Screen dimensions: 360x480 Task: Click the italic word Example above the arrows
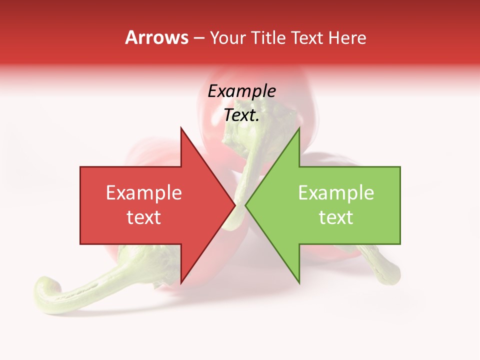coord(241,91)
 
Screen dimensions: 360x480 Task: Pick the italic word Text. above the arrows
coord(241,115)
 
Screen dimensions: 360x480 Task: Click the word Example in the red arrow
coord(143,193)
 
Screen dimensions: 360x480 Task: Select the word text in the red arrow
coord(143,217)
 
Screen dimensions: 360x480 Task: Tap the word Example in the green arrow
coord(336,193)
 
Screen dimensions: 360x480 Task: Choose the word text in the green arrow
coord(336,217)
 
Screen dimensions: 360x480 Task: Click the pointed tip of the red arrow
coord(235,205)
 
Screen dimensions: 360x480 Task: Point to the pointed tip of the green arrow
coord(246,205)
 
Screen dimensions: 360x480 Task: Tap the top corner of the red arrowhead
coord(181,128)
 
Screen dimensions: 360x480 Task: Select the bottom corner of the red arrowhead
coord(181,283)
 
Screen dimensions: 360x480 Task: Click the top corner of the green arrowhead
coord(299,128)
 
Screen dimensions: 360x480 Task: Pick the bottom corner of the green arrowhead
coord(299,283)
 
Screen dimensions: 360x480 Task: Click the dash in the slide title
coord(198,38)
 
